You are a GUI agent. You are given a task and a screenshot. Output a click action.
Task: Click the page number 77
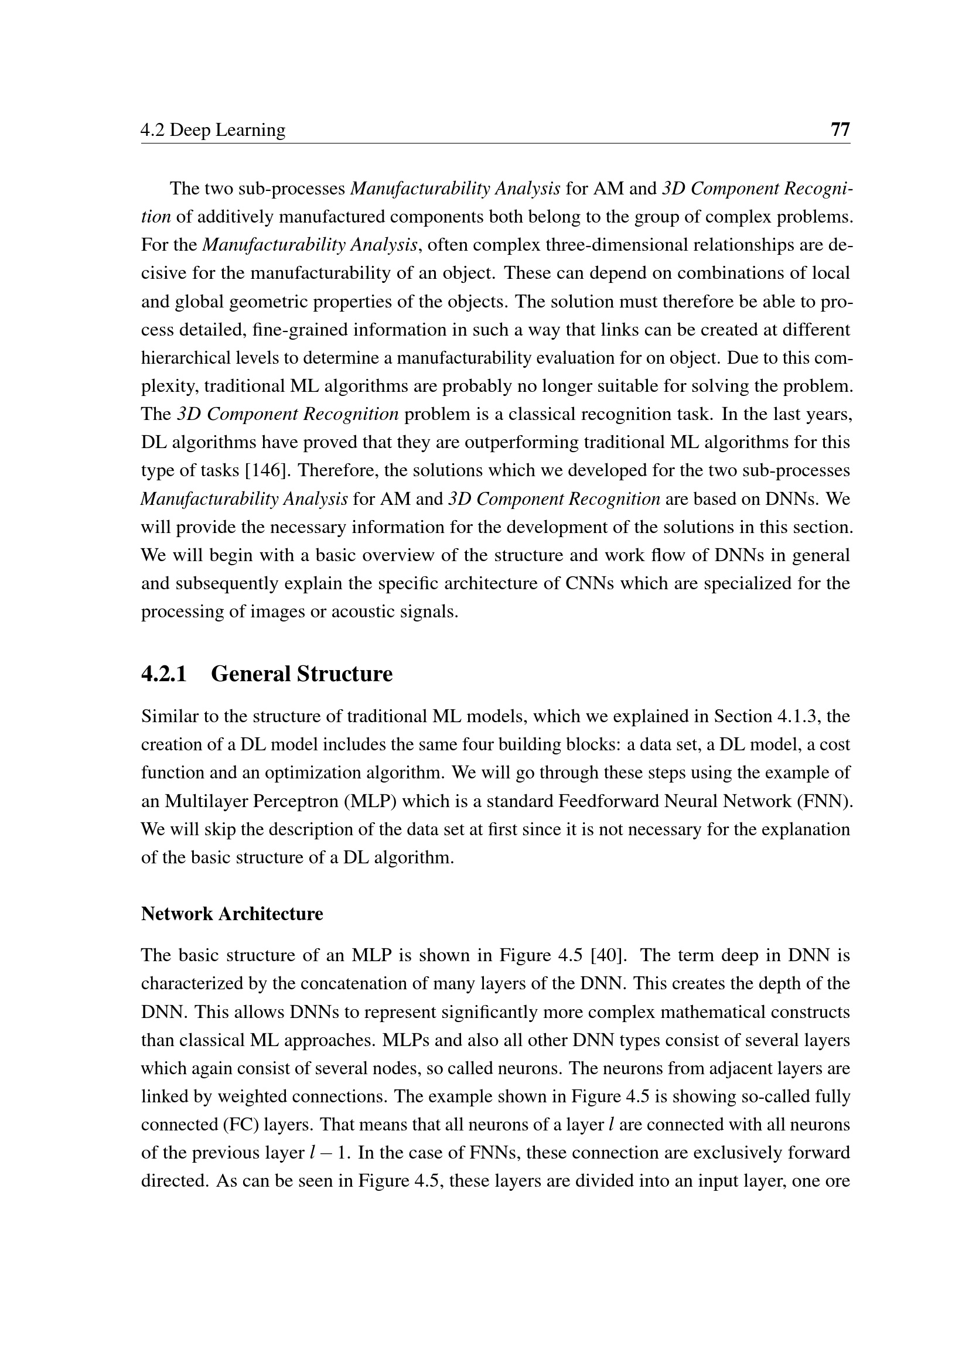[x=840, y=129]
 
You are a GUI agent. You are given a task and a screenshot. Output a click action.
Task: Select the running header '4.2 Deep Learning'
[x=213, y=130]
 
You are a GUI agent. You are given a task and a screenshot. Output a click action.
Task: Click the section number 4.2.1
[x=164, y=674]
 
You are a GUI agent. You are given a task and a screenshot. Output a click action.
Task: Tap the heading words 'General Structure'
[x=302, y=674]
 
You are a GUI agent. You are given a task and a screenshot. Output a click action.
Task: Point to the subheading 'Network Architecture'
[x=232, y=914]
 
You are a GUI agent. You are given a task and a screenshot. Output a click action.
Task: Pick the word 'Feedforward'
[x=608, y=801]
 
